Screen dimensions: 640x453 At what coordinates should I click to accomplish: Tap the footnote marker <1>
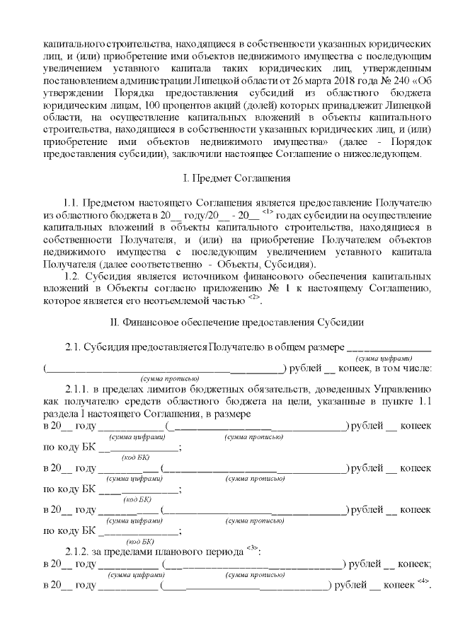pos(267,211)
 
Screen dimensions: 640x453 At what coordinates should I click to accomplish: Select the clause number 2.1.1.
pos(77,389)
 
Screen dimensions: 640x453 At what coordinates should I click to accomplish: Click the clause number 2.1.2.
pos(77,552)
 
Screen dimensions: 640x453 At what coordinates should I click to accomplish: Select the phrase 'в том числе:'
pos(402,367)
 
